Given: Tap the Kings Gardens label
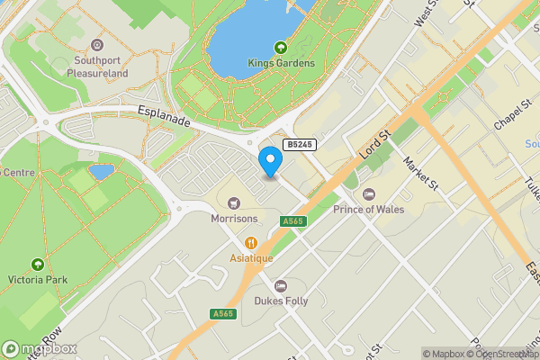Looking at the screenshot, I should pos(282,63).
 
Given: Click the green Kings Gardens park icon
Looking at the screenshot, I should pos(281,47).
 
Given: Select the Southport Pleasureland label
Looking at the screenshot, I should pos(99,67).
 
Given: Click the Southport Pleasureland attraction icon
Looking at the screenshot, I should pos(98,45).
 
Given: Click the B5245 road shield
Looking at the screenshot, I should pos(301,144).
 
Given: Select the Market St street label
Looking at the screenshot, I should pos(420,173).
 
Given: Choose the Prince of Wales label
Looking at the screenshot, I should pos(369,210).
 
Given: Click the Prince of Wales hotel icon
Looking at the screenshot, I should pos(368,194).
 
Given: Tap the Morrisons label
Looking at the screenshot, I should pos(234,219).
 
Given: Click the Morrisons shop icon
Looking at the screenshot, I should pos(234,203).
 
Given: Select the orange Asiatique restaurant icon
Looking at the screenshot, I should pos(251,242).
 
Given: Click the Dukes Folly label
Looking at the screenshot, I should pos(280,301).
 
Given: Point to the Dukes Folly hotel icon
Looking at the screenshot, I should pos(280,285).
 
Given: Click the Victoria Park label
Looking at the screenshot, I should pos(37,280).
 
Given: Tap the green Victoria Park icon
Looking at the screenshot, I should pos(37,265).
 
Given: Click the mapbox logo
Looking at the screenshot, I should pos(40,348).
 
